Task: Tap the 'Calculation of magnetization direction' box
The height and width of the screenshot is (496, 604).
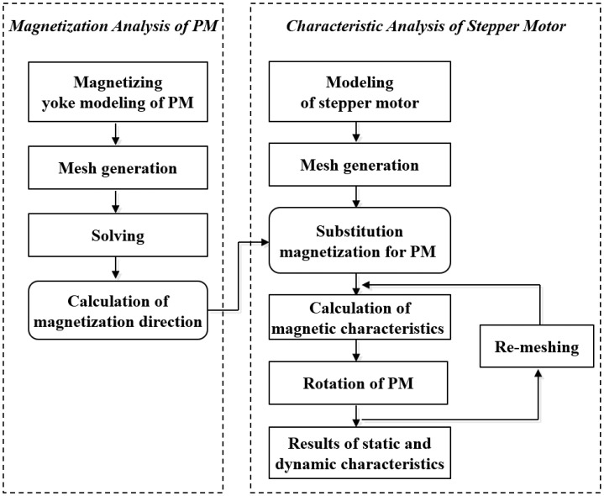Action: click(118, 310)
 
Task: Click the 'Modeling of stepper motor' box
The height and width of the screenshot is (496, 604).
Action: click(360, 91)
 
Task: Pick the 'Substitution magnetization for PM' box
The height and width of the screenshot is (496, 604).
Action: click(360, 240)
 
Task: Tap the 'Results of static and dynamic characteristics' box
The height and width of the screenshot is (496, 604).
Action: click(360, 451)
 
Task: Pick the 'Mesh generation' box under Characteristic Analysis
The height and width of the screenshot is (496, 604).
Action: click(360, 166)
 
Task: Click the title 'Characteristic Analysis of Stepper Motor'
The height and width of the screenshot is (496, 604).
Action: click(426, 26)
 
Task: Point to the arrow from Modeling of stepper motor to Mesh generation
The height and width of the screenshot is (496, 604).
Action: click(360, 131)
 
